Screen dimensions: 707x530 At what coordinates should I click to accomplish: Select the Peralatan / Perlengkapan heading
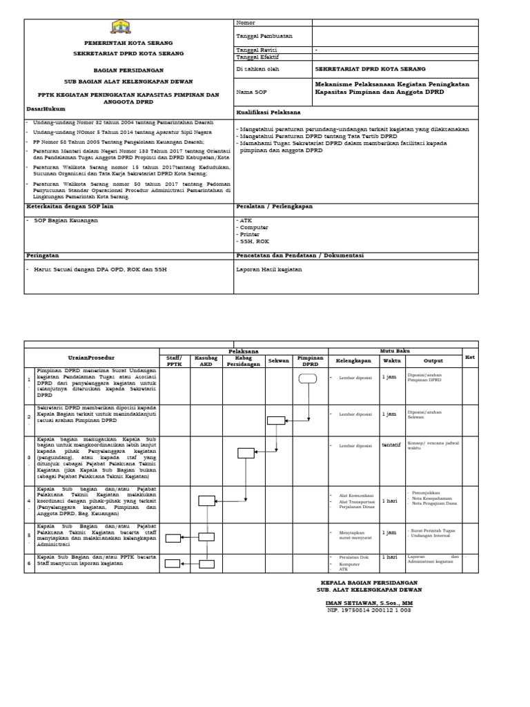tap(274, 206)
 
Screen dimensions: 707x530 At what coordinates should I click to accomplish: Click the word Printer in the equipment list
tap(250, 234)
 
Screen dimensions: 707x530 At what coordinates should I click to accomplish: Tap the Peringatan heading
tap(43, 255)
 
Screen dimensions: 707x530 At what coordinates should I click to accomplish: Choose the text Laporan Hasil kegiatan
tap(269, 269)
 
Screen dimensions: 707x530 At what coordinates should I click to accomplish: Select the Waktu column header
tap(391, 360)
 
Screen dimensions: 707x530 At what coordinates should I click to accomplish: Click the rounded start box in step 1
tap(308, 378)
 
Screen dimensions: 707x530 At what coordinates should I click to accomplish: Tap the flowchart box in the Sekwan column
tap(276, 420)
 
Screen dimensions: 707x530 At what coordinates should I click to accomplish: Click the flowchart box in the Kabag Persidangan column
tap(246, 453)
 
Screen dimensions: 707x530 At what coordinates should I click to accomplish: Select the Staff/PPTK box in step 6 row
tap(173, 563)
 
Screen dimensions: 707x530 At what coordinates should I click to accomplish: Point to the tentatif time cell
tap(391, 445)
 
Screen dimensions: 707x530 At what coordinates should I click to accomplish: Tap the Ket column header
tap(470, 357)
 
